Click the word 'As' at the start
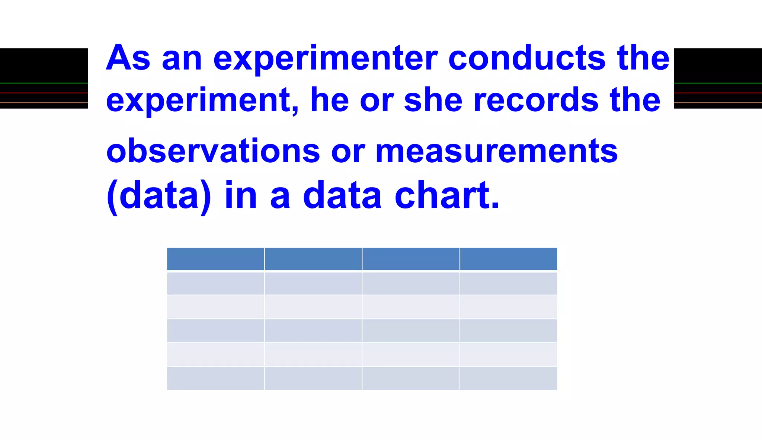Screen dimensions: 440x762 (x=128, y=58)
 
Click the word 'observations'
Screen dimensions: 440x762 (x=213, y=151)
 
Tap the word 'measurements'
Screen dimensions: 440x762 (x=496, y=151)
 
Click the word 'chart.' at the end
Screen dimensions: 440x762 (x=446, y=195)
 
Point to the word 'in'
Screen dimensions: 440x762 (x=241, y=195)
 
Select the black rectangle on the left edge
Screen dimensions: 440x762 (x=44, y=78)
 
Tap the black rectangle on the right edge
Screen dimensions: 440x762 (x=718, y=78)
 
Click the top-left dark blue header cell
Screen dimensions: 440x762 (x=215, y=259)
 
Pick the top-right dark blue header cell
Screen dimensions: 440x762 (x=508, y=259)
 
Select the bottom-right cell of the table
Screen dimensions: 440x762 (x=508, y=378)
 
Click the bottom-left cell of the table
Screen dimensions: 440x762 (x=215, y=378)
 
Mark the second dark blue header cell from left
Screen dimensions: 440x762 (x=313, y=259)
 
